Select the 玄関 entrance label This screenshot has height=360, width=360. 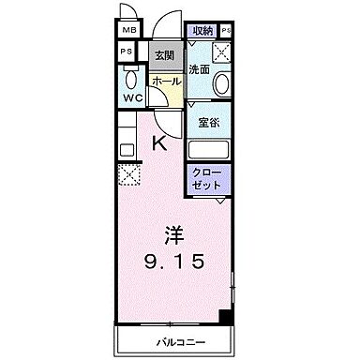(x=163, y=54)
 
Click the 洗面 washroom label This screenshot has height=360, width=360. (x=198, y=70)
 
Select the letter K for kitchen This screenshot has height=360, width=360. (x=159, y=143)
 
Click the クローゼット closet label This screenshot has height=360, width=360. (x=206, y=180)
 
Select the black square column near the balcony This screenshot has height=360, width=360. (x=224, y=317)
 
